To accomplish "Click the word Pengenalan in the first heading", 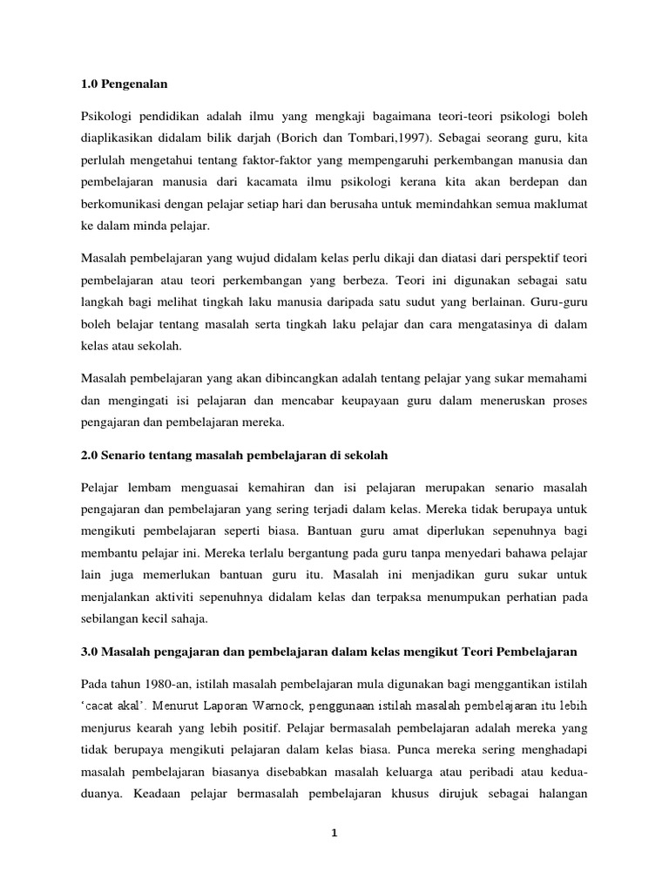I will pyautogui.click(x=135, y=84).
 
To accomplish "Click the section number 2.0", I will pyautogui.click(x=91, y=454).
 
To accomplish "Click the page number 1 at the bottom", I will pyautogui.click(x=334, y=833).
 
